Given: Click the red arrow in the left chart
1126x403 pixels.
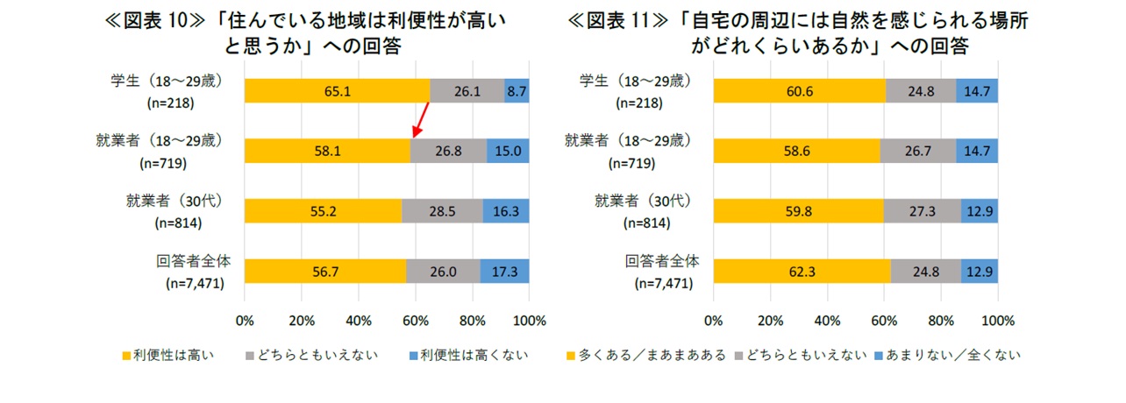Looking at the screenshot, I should pyautogui.click(x=421, y=119).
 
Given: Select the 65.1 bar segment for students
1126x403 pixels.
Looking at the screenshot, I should pyautogui.click(x=337, y=91).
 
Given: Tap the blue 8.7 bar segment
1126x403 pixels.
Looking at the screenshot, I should pyautogui.click(x=517, y=91).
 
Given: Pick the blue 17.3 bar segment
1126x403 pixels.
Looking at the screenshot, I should pyautogui.click(x=504, y=271).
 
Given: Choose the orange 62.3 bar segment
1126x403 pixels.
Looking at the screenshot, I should pyautogui.click(x=802, y=271).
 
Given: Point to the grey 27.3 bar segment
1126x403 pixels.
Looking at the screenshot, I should pyautogui.click(x=922, y=211).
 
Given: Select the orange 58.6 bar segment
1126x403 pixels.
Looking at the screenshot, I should pyautogui.click(x=796, y=151).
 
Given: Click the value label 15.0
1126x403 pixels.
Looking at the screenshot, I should pyautogui.click(x=508, y=151).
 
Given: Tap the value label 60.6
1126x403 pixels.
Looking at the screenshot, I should pyautogui.click(x=798, y=91).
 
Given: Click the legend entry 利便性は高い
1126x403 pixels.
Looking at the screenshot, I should pyautogui.click(x=170, y=356).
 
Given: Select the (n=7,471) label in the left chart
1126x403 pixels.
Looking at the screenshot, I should pyautogui.click(x=194, y=283).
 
